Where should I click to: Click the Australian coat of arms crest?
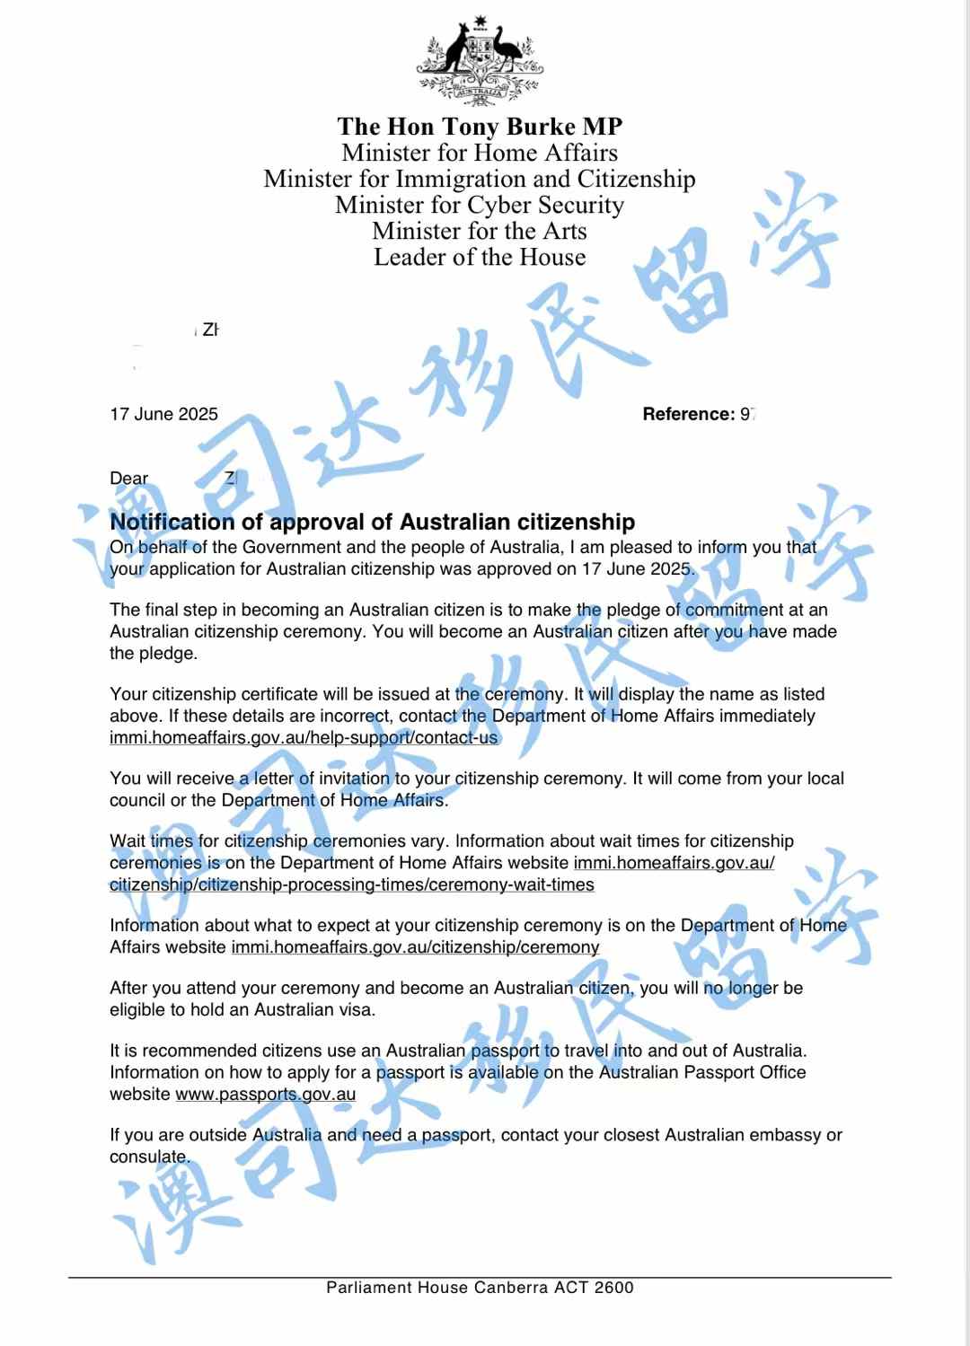pos(480,61)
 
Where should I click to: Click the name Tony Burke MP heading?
pos(480,127)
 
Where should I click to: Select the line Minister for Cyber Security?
pos(480,205)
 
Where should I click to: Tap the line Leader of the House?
pos(480,257)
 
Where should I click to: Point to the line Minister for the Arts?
pos(480,231)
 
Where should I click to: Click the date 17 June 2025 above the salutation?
pos(163,414)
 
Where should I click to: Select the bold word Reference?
pos(688,414)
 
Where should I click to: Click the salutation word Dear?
pos(128,479)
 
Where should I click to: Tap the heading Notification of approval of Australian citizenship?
pos(372,522)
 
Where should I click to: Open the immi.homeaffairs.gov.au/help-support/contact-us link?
pos(304,737)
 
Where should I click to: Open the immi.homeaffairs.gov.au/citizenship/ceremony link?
pos(415,946)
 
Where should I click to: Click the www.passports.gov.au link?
pos(265,1094)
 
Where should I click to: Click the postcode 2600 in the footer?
pos(613,1288)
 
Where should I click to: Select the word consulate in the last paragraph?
pos(148,1157)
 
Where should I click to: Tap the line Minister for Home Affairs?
pos(480,153)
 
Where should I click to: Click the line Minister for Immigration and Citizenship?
pos(480,179)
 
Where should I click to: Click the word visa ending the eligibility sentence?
pos(357,1009)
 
